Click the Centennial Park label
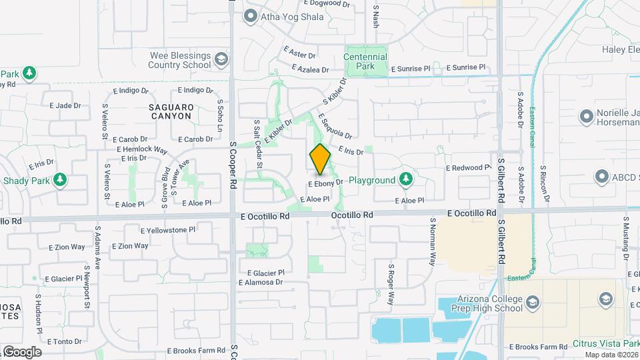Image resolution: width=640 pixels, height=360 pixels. tap(365, 62)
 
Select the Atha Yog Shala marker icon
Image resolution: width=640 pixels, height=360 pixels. tap(251, 16)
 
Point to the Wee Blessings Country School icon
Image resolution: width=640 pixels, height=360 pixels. tap(220, 61)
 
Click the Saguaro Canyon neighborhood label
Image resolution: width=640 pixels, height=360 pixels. tap(170, 111)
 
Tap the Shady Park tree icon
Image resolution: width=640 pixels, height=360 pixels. tap(60, 180)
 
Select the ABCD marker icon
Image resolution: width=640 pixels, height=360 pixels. tap(602, 177)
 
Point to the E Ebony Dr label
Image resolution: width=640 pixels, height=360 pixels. tap(325, 182)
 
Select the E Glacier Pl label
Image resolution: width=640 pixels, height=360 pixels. tap(265, 273)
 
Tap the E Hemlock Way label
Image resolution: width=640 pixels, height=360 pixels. tap(142, 149)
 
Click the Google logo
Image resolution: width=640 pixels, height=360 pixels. tap(21, 351)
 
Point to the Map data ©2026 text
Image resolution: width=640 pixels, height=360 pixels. tap(611, 355)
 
